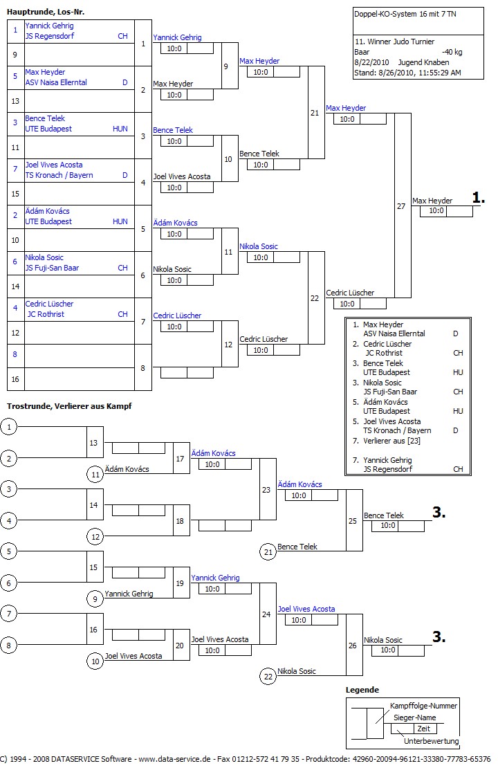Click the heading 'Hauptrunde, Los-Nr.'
click(46, 12)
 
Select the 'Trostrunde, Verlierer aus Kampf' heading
click(68, 405)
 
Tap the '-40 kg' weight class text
click(452, 52)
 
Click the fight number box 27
click(402, 206)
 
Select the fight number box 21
click(315, 113)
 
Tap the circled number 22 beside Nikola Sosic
click(268, 677)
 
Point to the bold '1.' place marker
click(479, 198)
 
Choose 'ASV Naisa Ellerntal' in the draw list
click(56, 82)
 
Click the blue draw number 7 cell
click(15, 170)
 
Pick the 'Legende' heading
click(362, 690)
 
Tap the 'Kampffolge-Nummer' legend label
click(423, 706)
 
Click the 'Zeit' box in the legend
click(423, 729)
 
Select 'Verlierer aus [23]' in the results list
click(391, 441)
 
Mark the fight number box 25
click(353, 520)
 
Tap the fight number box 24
click(267, 614)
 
